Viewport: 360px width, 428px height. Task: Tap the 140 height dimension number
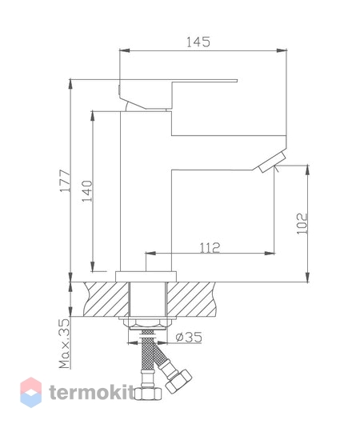[88, 191]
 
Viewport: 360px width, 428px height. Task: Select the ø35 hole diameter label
[187, 338]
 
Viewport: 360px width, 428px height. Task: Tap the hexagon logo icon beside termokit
[31, 392]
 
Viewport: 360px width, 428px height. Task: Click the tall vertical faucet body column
[146, 192]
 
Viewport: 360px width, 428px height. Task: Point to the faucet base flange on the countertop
[145, 275]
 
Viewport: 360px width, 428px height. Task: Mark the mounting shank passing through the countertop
[146, 299]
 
